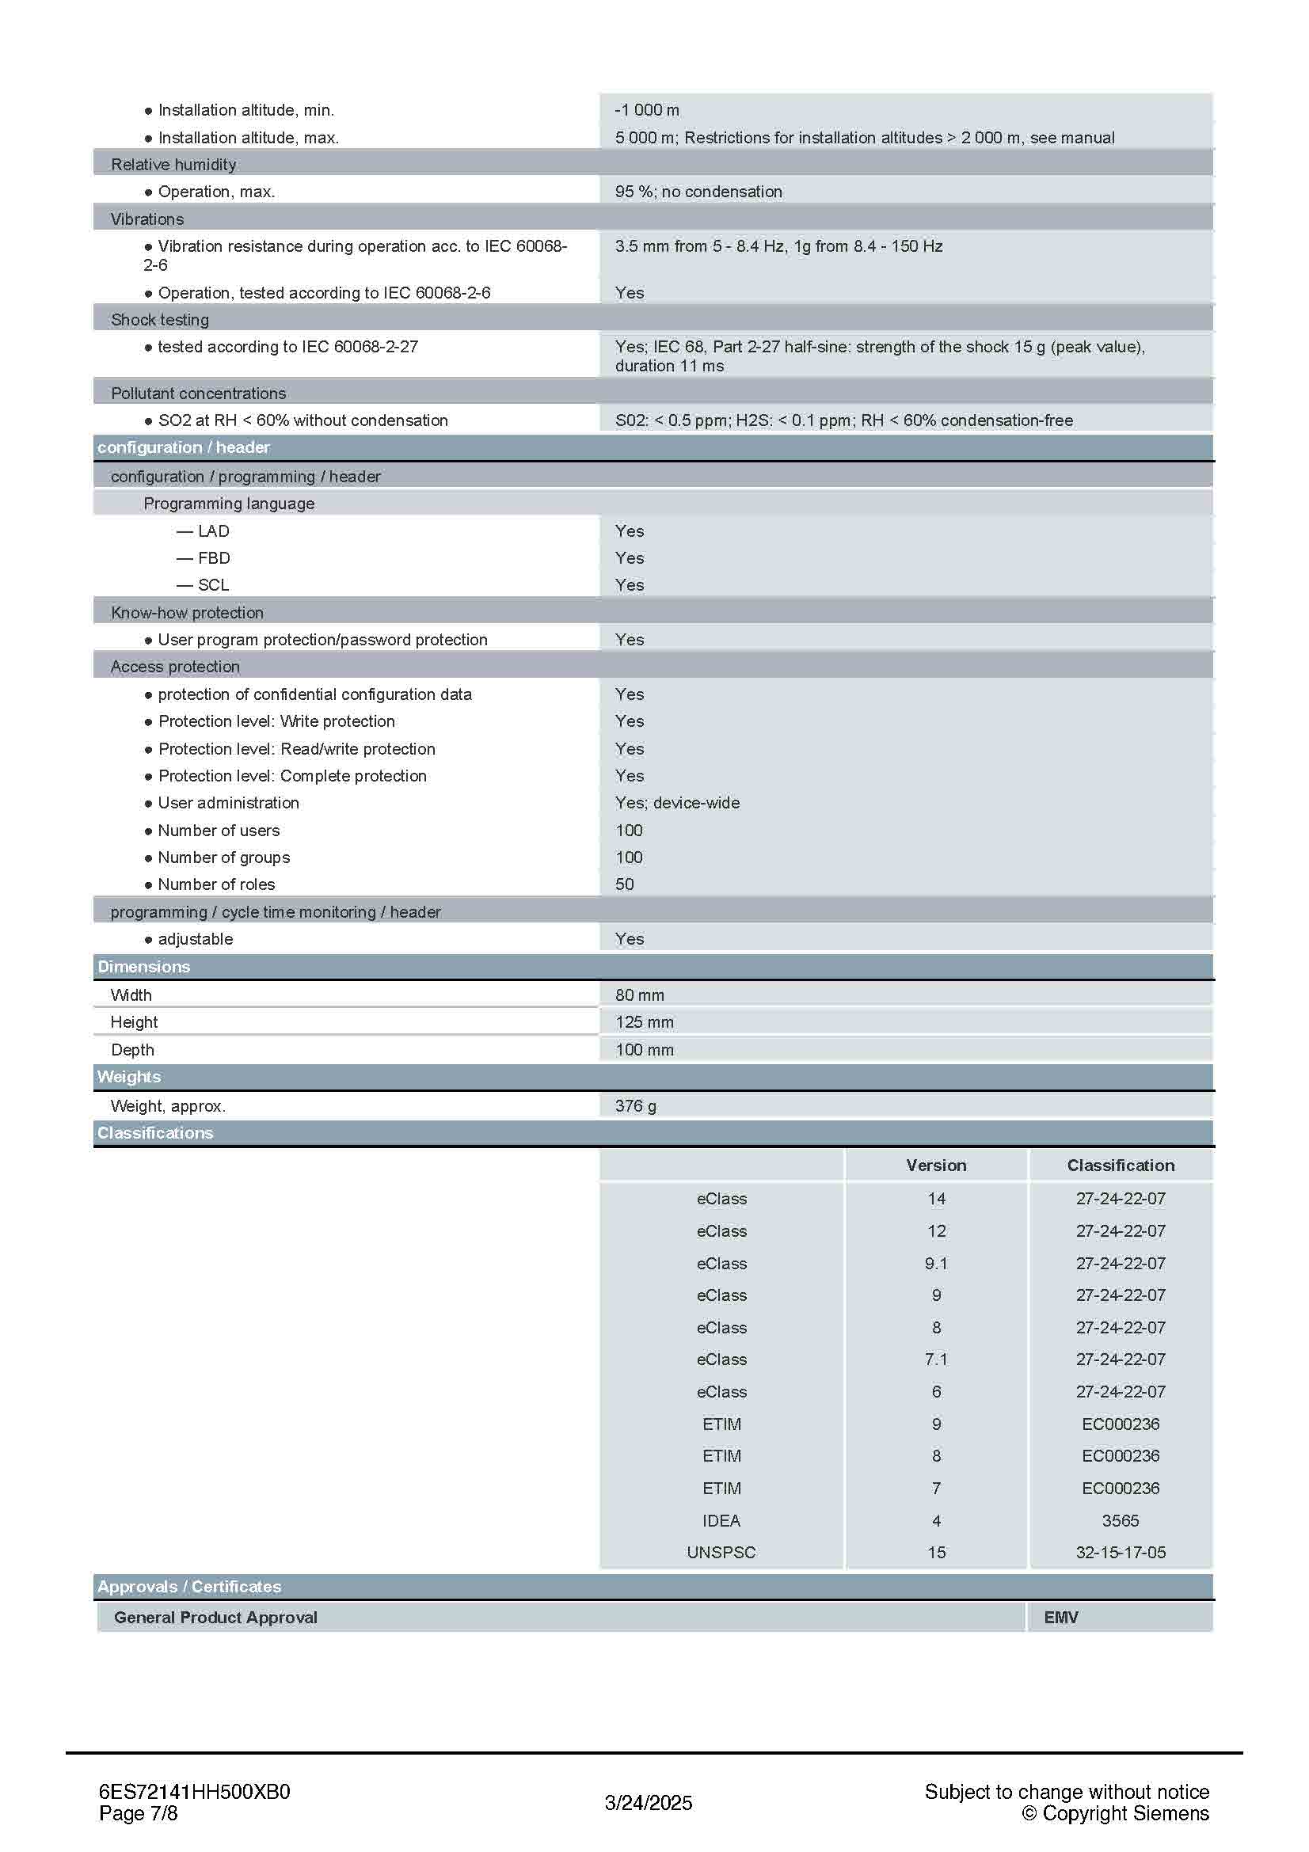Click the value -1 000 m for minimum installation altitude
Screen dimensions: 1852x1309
646,110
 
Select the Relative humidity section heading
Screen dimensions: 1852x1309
173,165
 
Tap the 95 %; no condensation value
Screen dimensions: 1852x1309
698,192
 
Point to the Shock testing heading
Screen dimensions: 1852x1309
160,320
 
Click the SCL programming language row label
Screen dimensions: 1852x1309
213,586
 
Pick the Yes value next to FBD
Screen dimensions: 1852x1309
629,558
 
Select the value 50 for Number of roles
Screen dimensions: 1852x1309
624,885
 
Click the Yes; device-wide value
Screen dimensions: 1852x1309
677,804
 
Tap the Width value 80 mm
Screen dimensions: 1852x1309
640,995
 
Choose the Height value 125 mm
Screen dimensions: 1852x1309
644,1023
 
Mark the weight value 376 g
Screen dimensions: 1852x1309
635,1107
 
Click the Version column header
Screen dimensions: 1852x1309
935,1166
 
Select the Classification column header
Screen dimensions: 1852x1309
1121,1166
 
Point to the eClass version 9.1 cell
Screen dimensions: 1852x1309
935,1264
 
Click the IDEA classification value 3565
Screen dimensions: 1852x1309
1121,1521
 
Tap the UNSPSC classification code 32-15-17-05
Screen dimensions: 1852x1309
1121,1553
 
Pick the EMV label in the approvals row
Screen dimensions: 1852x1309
1060,1618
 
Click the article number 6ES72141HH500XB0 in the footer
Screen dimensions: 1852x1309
194,1793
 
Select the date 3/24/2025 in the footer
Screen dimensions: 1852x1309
649,1804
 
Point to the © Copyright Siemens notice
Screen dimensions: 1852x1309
1115,1814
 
